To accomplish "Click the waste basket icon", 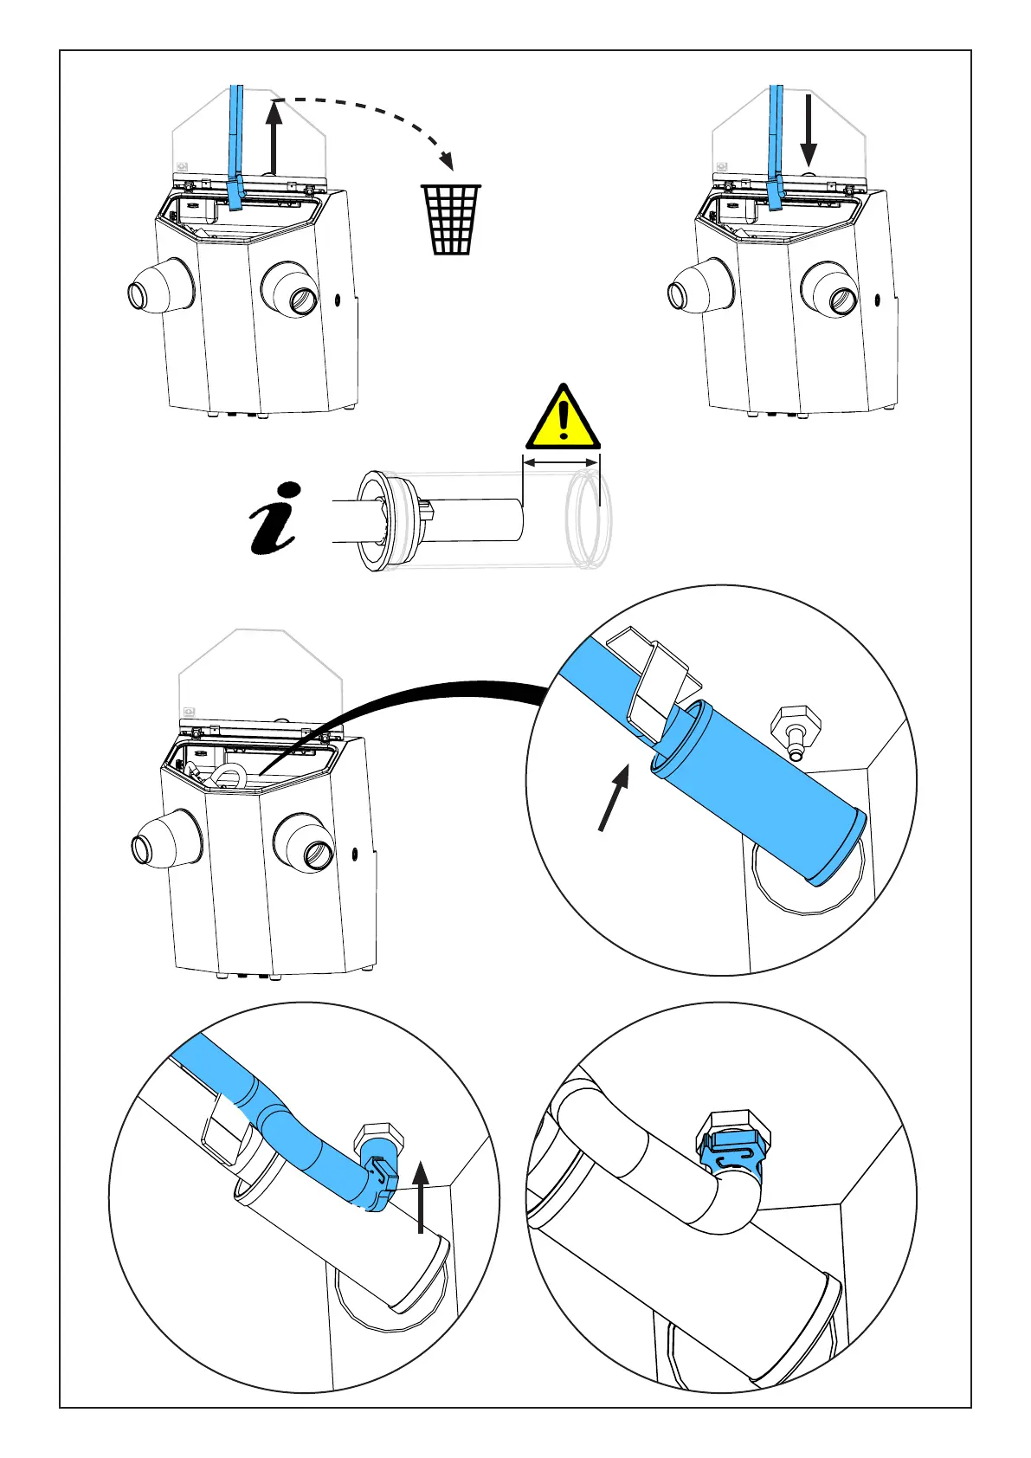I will click(x=451, y=219).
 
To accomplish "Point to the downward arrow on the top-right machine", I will click(x=808, y=130).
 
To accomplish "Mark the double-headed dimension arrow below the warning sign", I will click(x=562, y=462).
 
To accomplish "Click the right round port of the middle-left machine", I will click(x=303, y=843).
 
